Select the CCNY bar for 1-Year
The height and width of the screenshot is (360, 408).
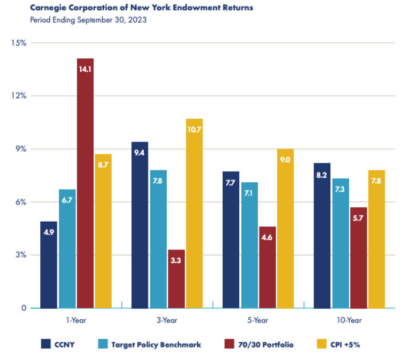(49, 264)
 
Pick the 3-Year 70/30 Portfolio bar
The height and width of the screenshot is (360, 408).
(176, 279)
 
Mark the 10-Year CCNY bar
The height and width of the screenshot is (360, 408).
(322, 235)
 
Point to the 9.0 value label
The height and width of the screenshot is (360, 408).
(285, 159)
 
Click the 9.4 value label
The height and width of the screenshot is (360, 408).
(140, 153)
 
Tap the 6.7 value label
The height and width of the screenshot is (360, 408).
(67, 200)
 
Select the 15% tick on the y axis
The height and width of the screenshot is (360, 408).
(18, 43)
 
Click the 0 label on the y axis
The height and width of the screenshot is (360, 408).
(24, 308)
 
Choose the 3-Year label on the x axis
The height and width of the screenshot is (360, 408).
(167, 320)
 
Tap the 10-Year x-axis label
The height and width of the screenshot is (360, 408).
(349, 320)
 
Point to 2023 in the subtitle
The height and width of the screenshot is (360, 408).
(137, 20)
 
